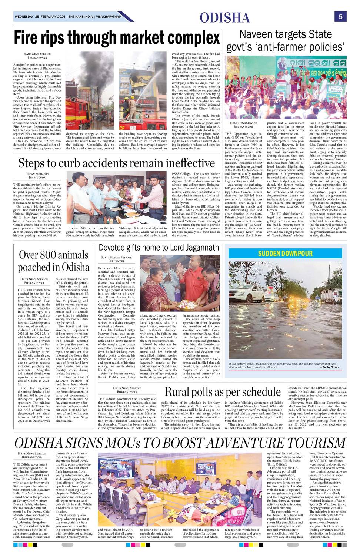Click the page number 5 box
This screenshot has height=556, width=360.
tap(340, 16)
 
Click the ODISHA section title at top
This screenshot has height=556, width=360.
tap(225, 17)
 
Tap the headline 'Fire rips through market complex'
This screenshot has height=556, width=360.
tap(117, 38)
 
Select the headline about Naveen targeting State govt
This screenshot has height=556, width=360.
tap(286, 41)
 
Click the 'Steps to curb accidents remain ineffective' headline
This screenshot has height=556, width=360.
tap(117, 163)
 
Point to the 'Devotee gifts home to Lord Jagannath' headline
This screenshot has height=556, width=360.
tap(159, 247)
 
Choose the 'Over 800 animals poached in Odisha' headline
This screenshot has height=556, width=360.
tap(54, 261)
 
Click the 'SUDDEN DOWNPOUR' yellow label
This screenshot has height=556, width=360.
tap(285, 254)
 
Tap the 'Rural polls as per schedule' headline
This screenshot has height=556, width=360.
tap(223, 391)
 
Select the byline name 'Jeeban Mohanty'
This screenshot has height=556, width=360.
tap(37, 173)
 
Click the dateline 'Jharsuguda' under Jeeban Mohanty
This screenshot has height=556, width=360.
tap(37, 178)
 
